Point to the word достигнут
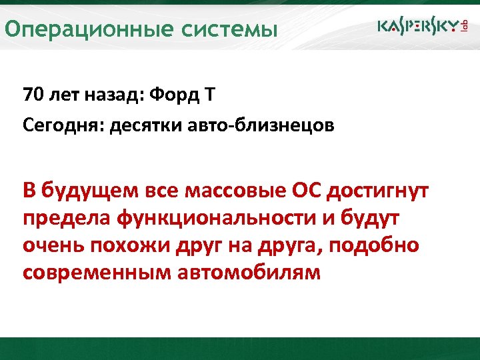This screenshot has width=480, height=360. coord(381,192)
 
